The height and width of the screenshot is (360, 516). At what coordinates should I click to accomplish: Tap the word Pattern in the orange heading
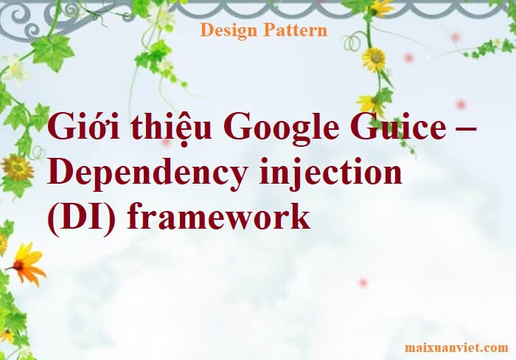296,30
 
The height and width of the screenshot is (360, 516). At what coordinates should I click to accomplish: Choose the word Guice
398,126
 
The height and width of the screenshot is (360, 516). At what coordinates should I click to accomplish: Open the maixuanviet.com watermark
456,347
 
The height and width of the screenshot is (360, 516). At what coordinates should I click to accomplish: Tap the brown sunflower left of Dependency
17,168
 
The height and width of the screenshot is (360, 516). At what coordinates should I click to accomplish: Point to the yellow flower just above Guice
370,103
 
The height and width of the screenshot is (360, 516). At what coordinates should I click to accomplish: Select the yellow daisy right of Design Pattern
374,60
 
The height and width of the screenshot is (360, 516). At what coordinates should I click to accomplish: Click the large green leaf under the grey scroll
52,52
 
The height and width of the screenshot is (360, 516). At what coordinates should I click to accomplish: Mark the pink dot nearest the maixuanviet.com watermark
363,283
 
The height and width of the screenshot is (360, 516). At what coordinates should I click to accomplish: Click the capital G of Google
237,127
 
